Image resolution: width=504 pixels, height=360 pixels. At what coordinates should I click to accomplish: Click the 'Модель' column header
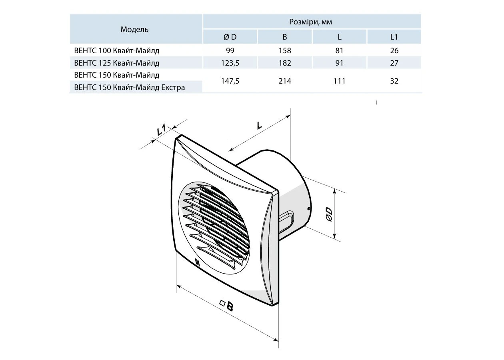click(134, 29)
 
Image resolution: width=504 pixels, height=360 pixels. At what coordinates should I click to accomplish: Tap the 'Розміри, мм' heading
click(310, 22)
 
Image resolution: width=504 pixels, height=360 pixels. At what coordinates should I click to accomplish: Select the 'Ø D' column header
click(230, 37)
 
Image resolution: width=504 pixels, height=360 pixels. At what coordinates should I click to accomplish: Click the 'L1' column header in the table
click(394, 37)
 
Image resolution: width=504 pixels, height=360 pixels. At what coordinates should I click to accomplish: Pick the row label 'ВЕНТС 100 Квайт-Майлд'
click(116, 51)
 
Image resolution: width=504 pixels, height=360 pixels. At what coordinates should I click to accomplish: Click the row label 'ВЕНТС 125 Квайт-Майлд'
click(116, 63)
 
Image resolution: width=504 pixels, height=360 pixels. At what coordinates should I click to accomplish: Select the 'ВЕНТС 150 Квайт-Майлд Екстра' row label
click(129, 87)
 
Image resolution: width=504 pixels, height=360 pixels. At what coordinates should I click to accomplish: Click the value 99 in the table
click(230, 51)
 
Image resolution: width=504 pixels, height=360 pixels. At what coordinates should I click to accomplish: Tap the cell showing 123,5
click(230, 63)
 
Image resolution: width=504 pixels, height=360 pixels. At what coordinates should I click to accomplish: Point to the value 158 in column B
click(285, 51)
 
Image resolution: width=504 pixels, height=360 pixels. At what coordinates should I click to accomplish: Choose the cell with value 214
click(285, 81)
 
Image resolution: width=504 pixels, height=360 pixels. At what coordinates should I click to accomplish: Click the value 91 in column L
click(339, 63)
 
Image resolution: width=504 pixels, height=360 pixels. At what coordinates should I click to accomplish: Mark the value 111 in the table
click(339, 81)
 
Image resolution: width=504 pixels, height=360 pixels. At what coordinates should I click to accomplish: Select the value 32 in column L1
click(394, 81)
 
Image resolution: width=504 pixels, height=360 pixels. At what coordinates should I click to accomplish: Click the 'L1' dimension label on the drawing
click(161, 130)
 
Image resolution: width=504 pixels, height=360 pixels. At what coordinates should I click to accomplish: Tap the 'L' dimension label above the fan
click(259, 126)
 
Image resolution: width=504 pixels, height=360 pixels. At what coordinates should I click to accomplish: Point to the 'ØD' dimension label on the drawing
click(329, 214)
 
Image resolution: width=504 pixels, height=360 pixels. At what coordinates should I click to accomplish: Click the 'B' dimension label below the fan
click(230, 306)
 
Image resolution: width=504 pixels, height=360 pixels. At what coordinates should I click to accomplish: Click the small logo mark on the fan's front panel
click(197, 262)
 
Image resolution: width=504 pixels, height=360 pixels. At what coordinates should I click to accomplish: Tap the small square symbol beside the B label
click(222, 303)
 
